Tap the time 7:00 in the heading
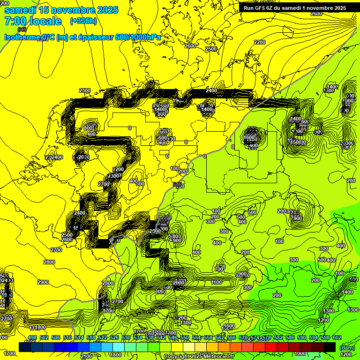(16, 21)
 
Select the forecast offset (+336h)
(83, 21)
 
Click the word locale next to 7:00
(45, 21)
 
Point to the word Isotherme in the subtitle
(22, 37)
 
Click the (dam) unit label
(346, 348)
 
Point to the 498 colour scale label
(32, 337)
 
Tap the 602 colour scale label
(337, 337)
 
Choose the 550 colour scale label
(185, 337)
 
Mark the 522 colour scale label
(103, 337)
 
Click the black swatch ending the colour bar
(330, 347)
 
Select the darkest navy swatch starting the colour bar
(25, 347)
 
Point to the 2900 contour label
(43, 282)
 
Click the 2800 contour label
(49, 262)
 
